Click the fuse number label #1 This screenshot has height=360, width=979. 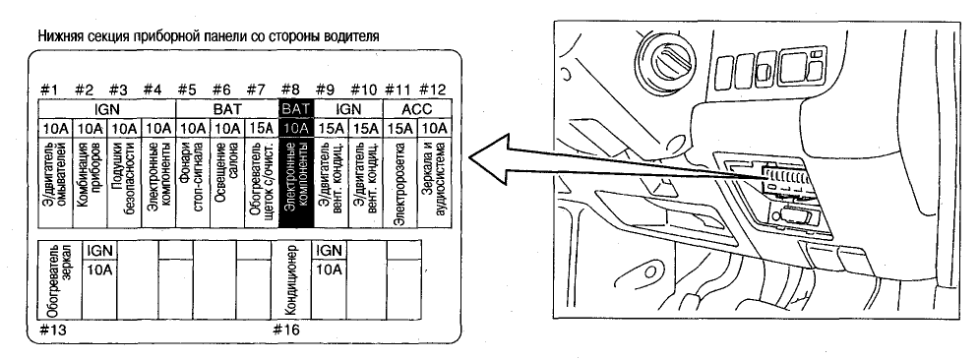(48, 90)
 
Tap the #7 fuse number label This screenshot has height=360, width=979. (256, 90)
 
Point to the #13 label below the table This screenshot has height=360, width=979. (52, 330)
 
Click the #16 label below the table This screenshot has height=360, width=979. (286, 330)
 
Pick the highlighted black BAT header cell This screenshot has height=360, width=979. (296, 109)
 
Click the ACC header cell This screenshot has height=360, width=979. (416, 109)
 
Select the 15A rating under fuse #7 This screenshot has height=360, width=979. (262, 129)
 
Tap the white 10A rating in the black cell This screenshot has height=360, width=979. (296, 129)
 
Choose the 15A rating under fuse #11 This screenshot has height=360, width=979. (399, 129)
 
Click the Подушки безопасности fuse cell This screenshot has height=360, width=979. (124, 182)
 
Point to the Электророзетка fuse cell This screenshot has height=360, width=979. (399, 182)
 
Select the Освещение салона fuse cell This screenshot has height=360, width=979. (227, 182)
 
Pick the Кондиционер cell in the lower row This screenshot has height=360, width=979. (295, 280)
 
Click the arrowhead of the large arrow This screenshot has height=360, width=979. (489, 158)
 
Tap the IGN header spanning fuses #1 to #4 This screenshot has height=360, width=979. (107, 109)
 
